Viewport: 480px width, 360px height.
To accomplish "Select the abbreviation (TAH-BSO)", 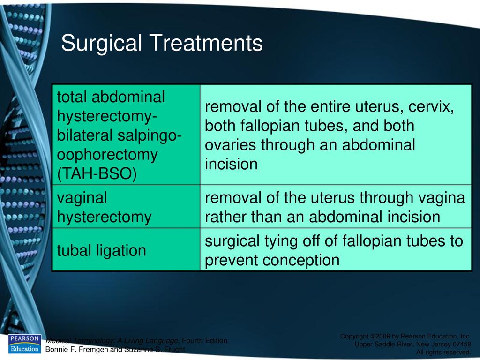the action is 97,173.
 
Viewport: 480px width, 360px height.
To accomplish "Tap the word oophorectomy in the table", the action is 107,155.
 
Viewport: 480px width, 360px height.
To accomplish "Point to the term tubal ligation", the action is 101,250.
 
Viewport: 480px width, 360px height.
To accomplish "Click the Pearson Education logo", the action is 24,344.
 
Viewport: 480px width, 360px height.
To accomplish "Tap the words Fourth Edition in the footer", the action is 204,340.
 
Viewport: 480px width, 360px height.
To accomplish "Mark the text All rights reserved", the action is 443,352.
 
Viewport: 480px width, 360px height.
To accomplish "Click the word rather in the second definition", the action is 225,217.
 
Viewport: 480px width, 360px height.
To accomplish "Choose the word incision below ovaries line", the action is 231,164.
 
